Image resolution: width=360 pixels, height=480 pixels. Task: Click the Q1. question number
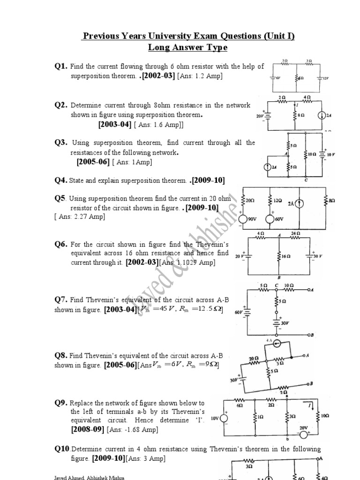(x=61, y=67)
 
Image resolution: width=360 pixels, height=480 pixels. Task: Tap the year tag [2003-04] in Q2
(x=115, y=124)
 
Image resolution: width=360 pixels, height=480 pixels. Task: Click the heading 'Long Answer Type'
(x=188, y=47)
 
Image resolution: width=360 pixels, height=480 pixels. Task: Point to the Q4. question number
(x=61, y=180)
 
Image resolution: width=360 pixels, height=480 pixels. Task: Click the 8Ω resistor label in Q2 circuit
(x=301, y=114)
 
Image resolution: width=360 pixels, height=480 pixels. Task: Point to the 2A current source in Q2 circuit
(x=321, y=116)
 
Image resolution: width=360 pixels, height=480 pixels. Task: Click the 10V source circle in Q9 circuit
(x=225, y=417)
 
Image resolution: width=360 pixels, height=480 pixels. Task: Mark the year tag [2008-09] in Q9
(x=88, y=429)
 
